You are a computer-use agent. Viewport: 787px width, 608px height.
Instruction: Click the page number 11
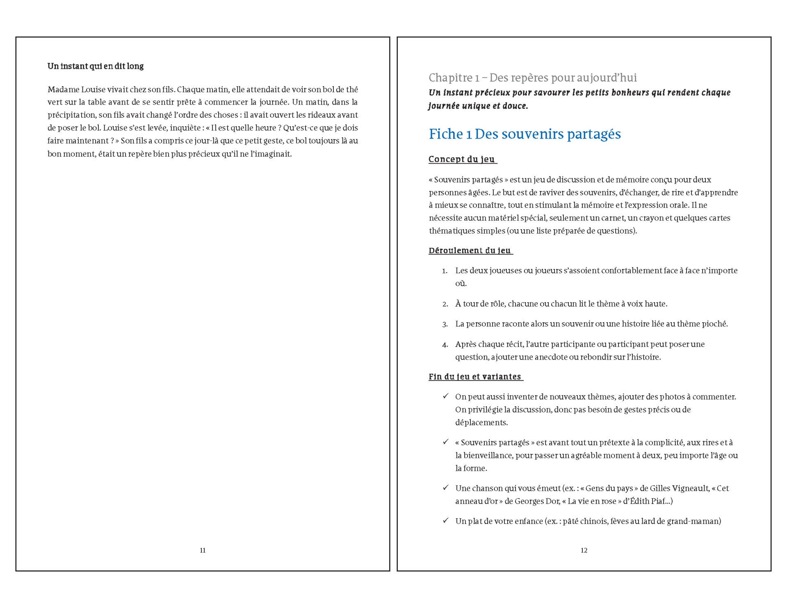pos(203,551)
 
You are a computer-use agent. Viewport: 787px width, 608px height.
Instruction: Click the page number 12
pos(584,551)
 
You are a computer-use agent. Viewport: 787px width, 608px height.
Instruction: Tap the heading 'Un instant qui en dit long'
pos(96,66)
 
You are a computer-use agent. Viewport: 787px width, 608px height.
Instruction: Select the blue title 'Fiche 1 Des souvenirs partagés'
pos(525,134)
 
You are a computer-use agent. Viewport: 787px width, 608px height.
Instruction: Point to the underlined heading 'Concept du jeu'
pos(462,159)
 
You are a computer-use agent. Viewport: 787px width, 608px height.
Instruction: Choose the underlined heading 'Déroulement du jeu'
pos(470,250)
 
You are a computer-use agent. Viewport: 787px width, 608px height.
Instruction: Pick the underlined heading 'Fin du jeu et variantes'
pos(475,377)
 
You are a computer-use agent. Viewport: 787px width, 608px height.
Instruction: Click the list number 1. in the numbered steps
pos(445,271)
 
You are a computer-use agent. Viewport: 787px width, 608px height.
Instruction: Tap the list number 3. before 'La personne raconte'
pos(445,324)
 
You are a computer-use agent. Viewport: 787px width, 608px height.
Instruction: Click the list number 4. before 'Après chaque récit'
pos(445,345)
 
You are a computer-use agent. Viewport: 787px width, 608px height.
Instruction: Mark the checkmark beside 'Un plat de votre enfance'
pos(445,521)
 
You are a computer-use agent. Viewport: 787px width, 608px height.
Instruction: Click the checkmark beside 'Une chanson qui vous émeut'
pos(445,487)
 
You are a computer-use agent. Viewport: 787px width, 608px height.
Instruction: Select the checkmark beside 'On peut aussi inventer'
pos(445,396)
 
